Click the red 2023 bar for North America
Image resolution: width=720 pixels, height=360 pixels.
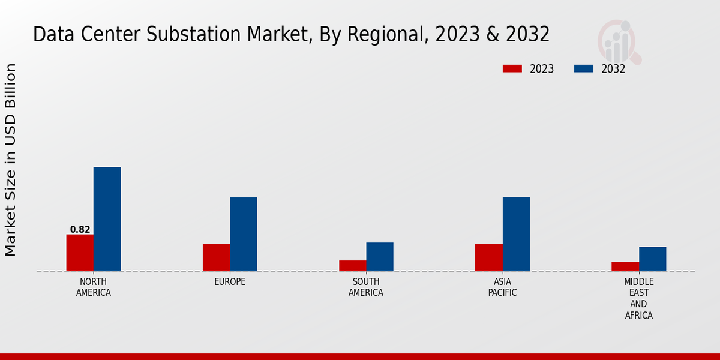[x=80, y=253]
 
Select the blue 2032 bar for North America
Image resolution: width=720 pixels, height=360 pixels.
[x=107, y=219]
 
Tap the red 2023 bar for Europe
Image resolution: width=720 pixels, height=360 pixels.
[x=216, y=257]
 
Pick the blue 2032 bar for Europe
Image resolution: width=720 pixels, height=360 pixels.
[x=243, y=234]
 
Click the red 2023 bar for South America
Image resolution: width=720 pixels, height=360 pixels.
[x=352, y=266]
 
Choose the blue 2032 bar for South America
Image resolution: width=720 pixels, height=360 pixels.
[x=380, y=257]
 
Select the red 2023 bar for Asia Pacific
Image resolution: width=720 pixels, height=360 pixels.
[x=488, y=257]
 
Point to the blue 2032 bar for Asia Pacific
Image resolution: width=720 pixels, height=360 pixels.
[x=516, y=234]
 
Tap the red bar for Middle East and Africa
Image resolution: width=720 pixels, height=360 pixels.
[x=625, y=266]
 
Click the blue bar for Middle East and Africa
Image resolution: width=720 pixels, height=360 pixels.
[x=652, y=259]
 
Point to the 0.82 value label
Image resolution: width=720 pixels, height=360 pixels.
[x=80, y=230]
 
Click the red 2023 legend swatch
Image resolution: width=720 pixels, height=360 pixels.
[x=512, y=69]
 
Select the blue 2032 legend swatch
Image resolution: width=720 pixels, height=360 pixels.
[x=583, y=69]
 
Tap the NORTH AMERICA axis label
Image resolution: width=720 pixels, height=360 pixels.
[x=94, y=287]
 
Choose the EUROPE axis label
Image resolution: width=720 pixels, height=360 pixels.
[x=230, y=282]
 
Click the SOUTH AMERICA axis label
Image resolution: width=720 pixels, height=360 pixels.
[x=366, y=287]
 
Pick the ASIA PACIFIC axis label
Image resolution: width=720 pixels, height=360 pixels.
[x=502, y=287]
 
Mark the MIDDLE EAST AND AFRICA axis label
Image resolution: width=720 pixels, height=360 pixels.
[x=639, y=298]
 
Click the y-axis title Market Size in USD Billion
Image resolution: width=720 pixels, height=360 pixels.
[x=11, y=160]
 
